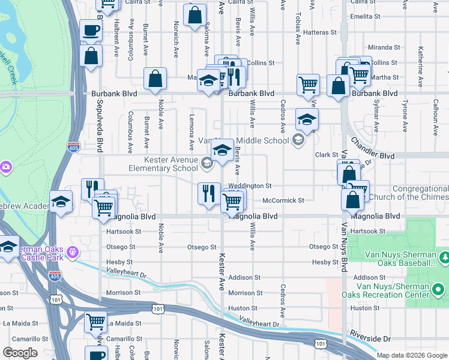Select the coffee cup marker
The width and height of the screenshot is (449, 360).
coord(91,30)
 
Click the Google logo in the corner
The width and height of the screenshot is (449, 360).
coord(20,353)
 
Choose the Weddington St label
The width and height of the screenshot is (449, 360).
coord(250,186)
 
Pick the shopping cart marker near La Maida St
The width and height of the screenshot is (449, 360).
coord(96,321)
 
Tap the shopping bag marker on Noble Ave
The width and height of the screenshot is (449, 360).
coord(155,79)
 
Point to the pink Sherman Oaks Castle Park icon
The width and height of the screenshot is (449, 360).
coord(73,251)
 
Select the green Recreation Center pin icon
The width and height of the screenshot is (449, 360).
coord(438,290)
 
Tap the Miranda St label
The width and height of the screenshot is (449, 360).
coord(384,47)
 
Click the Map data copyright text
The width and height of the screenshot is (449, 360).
coord(412,355)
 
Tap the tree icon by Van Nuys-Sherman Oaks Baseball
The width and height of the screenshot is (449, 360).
coord(444,257)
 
